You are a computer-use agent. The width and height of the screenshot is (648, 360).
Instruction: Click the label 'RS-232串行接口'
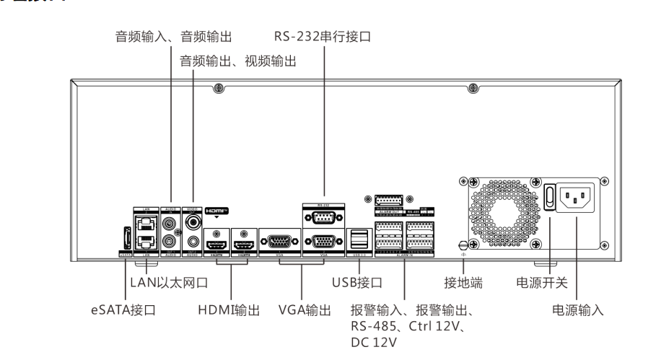322,36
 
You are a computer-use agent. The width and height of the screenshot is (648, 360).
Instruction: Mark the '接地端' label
463,283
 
